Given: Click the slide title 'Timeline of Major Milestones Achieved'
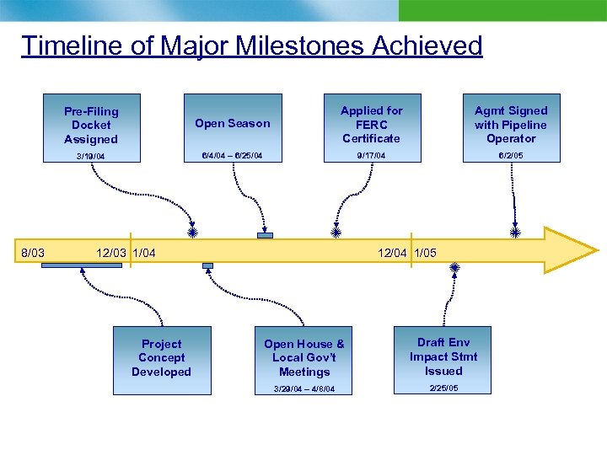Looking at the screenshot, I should click(x=251, y=45).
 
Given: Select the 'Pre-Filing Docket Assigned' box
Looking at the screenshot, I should click(x=91, y=125).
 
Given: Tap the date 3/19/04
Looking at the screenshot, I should click(x=91, y=156).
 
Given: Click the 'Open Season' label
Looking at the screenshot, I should click(x=233, y=123).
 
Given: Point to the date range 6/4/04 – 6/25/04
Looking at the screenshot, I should click(x=232, y=155).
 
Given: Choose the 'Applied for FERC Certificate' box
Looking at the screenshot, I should click(x=371, y=124).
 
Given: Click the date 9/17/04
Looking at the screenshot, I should click(x=371, y=155).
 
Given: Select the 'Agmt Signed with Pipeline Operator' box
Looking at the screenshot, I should click(x=511, y=124).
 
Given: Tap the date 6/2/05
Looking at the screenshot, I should click(x=511, y=155).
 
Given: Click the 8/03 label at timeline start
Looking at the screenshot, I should click(x=32, y=252).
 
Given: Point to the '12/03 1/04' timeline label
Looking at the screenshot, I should click(x=125, y=252).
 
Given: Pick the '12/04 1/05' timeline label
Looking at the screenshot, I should click(x=407, y=252).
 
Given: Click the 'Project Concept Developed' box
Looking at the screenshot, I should click(x=161, y=358).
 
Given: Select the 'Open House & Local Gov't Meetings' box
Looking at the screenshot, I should click(x=304, y=357).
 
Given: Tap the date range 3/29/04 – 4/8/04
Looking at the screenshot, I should click(x=304, y=388).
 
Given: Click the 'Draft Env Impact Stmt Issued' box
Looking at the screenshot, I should click(x=443, y=356).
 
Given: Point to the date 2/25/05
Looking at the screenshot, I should click(x=443, y=388).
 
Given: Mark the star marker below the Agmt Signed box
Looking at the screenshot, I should click(x=515, y=231).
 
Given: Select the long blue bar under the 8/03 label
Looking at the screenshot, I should click(x=81, y=265).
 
